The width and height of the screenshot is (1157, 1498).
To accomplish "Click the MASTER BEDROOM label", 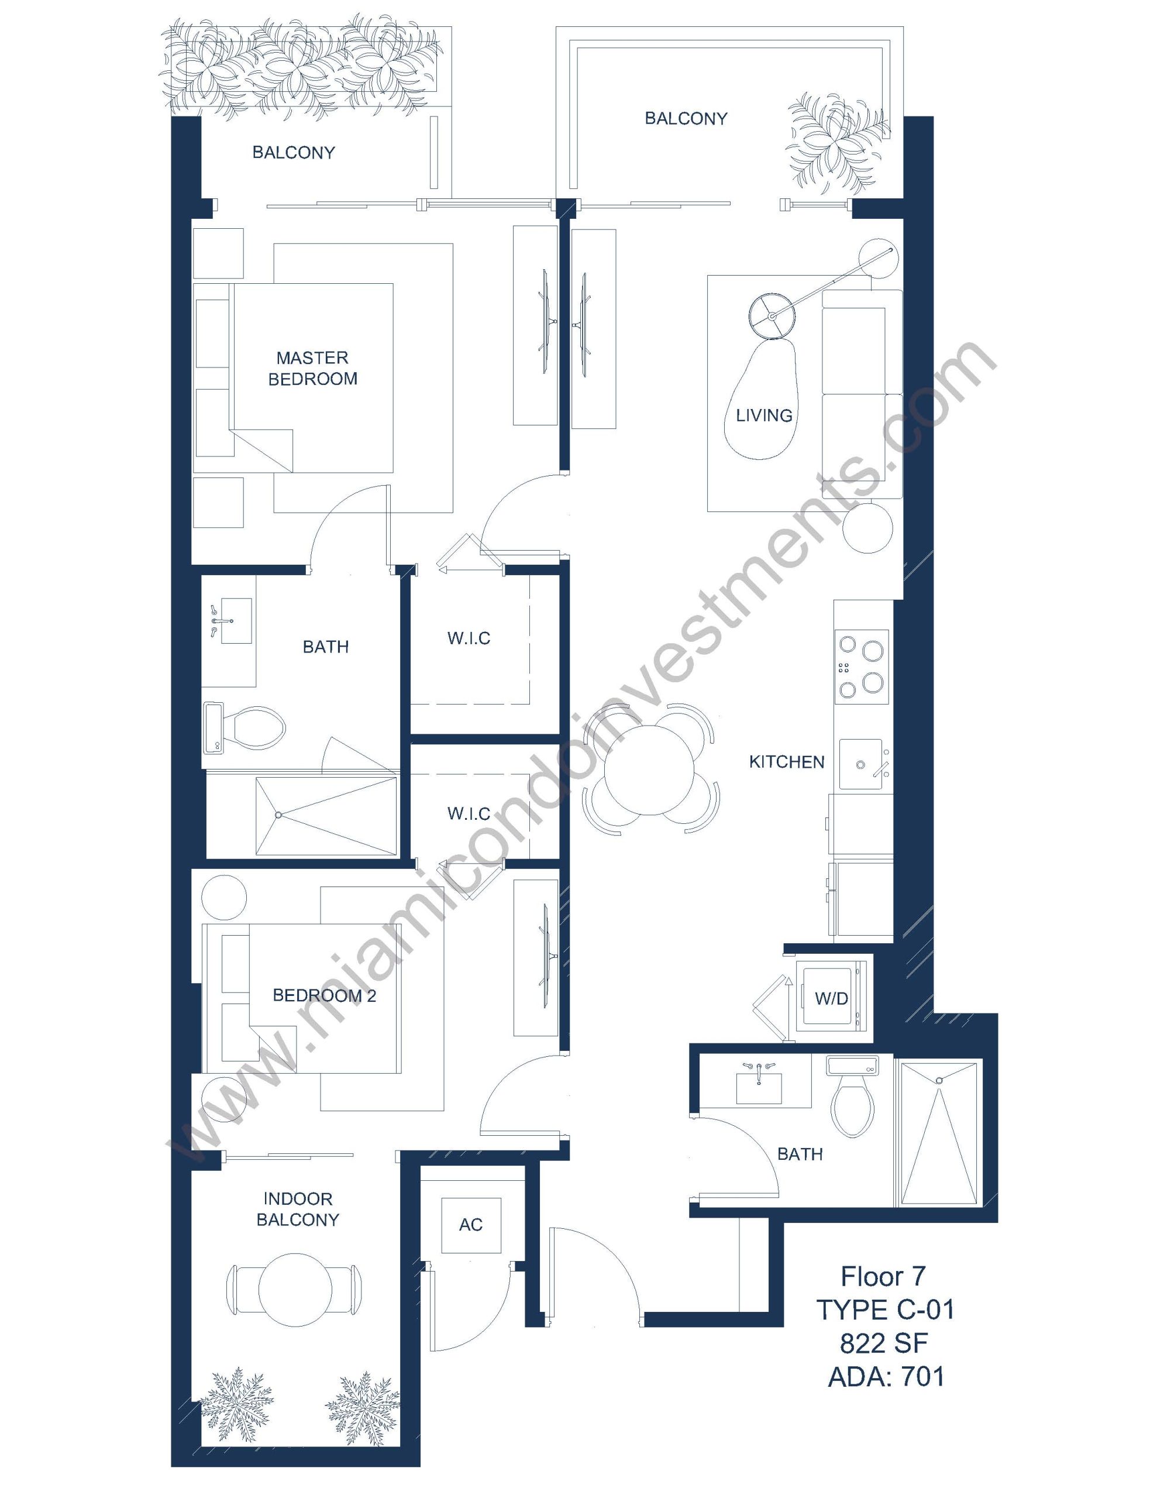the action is pos(313,368).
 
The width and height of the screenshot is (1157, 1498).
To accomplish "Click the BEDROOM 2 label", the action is pos(325,995).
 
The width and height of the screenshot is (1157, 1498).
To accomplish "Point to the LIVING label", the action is pos(764,415).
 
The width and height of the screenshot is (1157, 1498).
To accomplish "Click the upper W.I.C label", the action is pos(469,638).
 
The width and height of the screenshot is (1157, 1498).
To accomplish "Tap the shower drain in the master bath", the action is pos(278,815).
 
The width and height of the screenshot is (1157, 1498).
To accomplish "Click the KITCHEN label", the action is pos(787,762).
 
